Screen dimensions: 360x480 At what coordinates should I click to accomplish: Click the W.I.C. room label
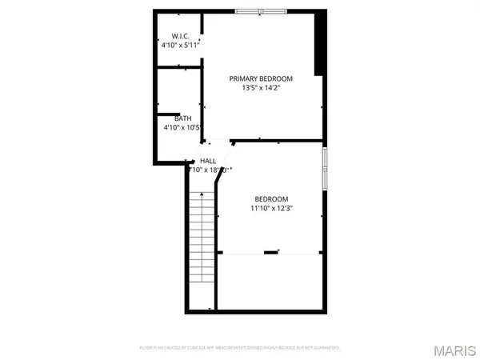[178, 36]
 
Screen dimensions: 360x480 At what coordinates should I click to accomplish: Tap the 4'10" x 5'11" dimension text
[179, 46]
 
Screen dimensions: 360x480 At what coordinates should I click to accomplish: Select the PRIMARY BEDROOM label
[261, 78]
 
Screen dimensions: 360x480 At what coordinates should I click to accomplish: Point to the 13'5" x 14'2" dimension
[261, 88]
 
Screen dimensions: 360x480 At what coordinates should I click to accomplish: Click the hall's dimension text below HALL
[208, 170]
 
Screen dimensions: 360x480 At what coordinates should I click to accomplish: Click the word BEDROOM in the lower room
[271, 199]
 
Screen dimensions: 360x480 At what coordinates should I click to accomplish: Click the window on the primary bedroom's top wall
[261, 12]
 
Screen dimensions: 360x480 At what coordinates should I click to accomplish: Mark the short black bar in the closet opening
[271, 253]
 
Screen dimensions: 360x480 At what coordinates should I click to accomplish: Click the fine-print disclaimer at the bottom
[240, 348]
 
